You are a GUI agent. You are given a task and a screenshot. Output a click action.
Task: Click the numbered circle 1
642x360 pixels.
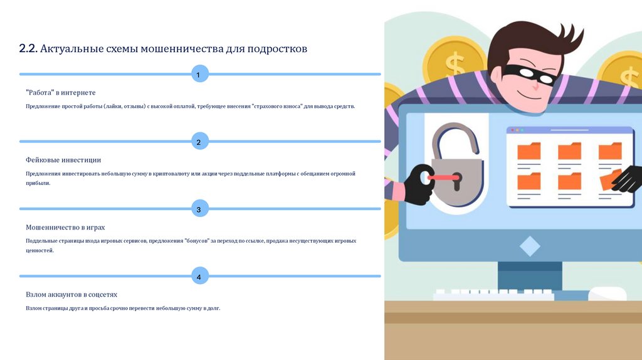pos(199,75)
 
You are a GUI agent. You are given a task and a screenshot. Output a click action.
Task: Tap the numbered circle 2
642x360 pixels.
pos(199,142)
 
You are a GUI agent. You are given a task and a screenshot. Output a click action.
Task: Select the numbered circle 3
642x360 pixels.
pos(199,209)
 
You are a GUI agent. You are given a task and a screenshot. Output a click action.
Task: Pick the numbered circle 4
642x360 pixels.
pos(199,276)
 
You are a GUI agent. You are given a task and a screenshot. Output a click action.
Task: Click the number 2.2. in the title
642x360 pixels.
pos(28,48)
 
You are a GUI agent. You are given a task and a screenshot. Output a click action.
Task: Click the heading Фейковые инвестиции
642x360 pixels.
pos(63,160)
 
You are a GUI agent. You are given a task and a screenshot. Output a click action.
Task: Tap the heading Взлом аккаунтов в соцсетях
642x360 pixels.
pos(71,294)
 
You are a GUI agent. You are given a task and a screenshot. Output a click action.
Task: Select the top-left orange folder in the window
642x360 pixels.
pos(529,151)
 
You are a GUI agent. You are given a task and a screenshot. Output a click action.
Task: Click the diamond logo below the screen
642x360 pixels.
pos(529,246)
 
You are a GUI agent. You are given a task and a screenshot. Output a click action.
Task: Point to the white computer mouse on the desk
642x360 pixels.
pos(607,294)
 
